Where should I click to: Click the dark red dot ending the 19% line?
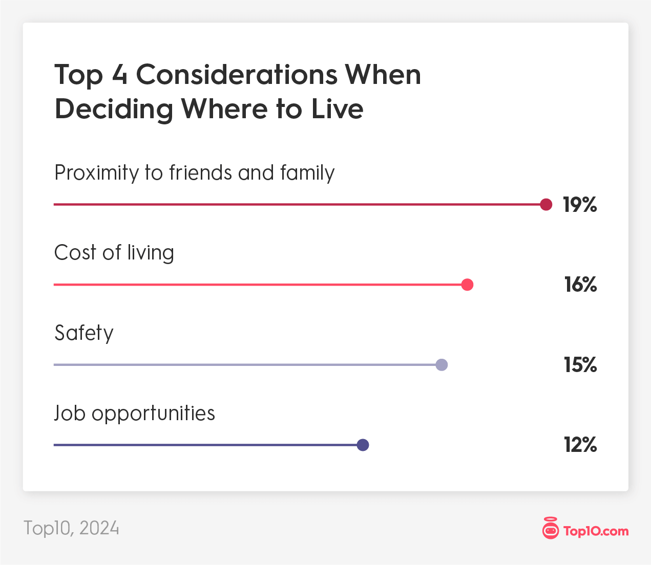pyautogui.click(x=546, y=204)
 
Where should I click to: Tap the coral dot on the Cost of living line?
pyautogui.click(x=467, y=285)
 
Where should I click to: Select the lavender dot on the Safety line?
pyautogui.click(x=442, y=365)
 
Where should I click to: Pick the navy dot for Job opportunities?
pyautogui.click(x=363, y=445)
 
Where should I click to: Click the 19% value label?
pyautogui.click(x=580, y=205)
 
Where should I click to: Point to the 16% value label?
pyautogui.click(x=580, y=285)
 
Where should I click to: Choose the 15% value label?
pyautogui.click(x=580, y=365)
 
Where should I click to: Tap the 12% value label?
pyautogui.click(x=580, y=445)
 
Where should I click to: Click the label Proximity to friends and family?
pyautogui.click(x=194, y=173)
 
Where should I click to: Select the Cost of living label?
pyautogui.click(x=114, y=253)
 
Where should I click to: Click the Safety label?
pyautogui.click(x=84, y=333)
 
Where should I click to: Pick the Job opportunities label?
pyautogui.click(x=135, y=414)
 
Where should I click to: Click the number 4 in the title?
pyautogui.click(x=119, y=75)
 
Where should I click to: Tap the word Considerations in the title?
pyautogui.click(x=236, y=75)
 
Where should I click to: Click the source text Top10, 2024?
pyautogui.click(x=71, y=528)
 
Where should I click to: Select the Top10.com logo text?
pyautogui.click(x=596, y=531)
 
